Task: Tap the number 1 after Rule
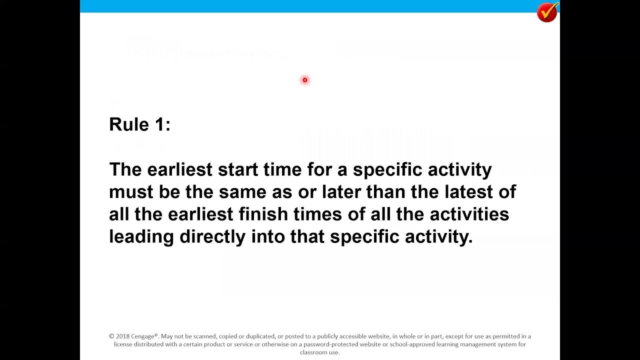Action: pyautogui.click(x=160, y=124)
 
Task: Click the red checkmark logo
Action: pyautogui.click(x=547, y=12)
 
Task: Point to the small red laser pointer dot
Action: pyautogui.click(x=304, y=80)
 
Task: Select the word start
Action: pyautogui.click(x=237, y=169)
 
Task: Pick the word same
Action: pyautogui.click(x=242, y=192)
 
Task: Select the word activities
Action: pyautogui.click(x=469, y=214)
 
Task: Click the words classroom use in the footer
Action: pyautogui.click(x=320, y=352)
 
